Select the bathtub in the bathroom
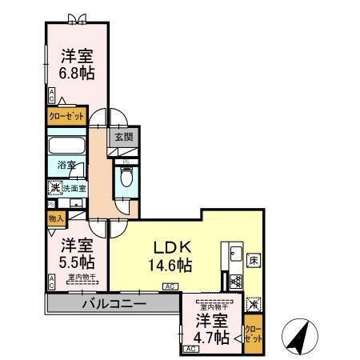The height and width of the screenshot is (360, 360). (66, 148)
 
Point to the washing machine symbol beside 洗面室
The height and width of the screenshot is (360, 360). (54, 190)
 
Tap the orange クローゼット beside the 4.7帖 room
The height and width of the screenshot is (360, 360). (252, 330)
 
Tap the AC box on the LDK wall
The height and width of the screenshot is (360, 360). (170, 286)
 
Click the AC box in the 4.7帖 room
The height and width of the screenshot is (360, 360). (191, 350)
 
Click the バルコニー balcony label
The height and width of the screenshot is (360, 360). (112, 304)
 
